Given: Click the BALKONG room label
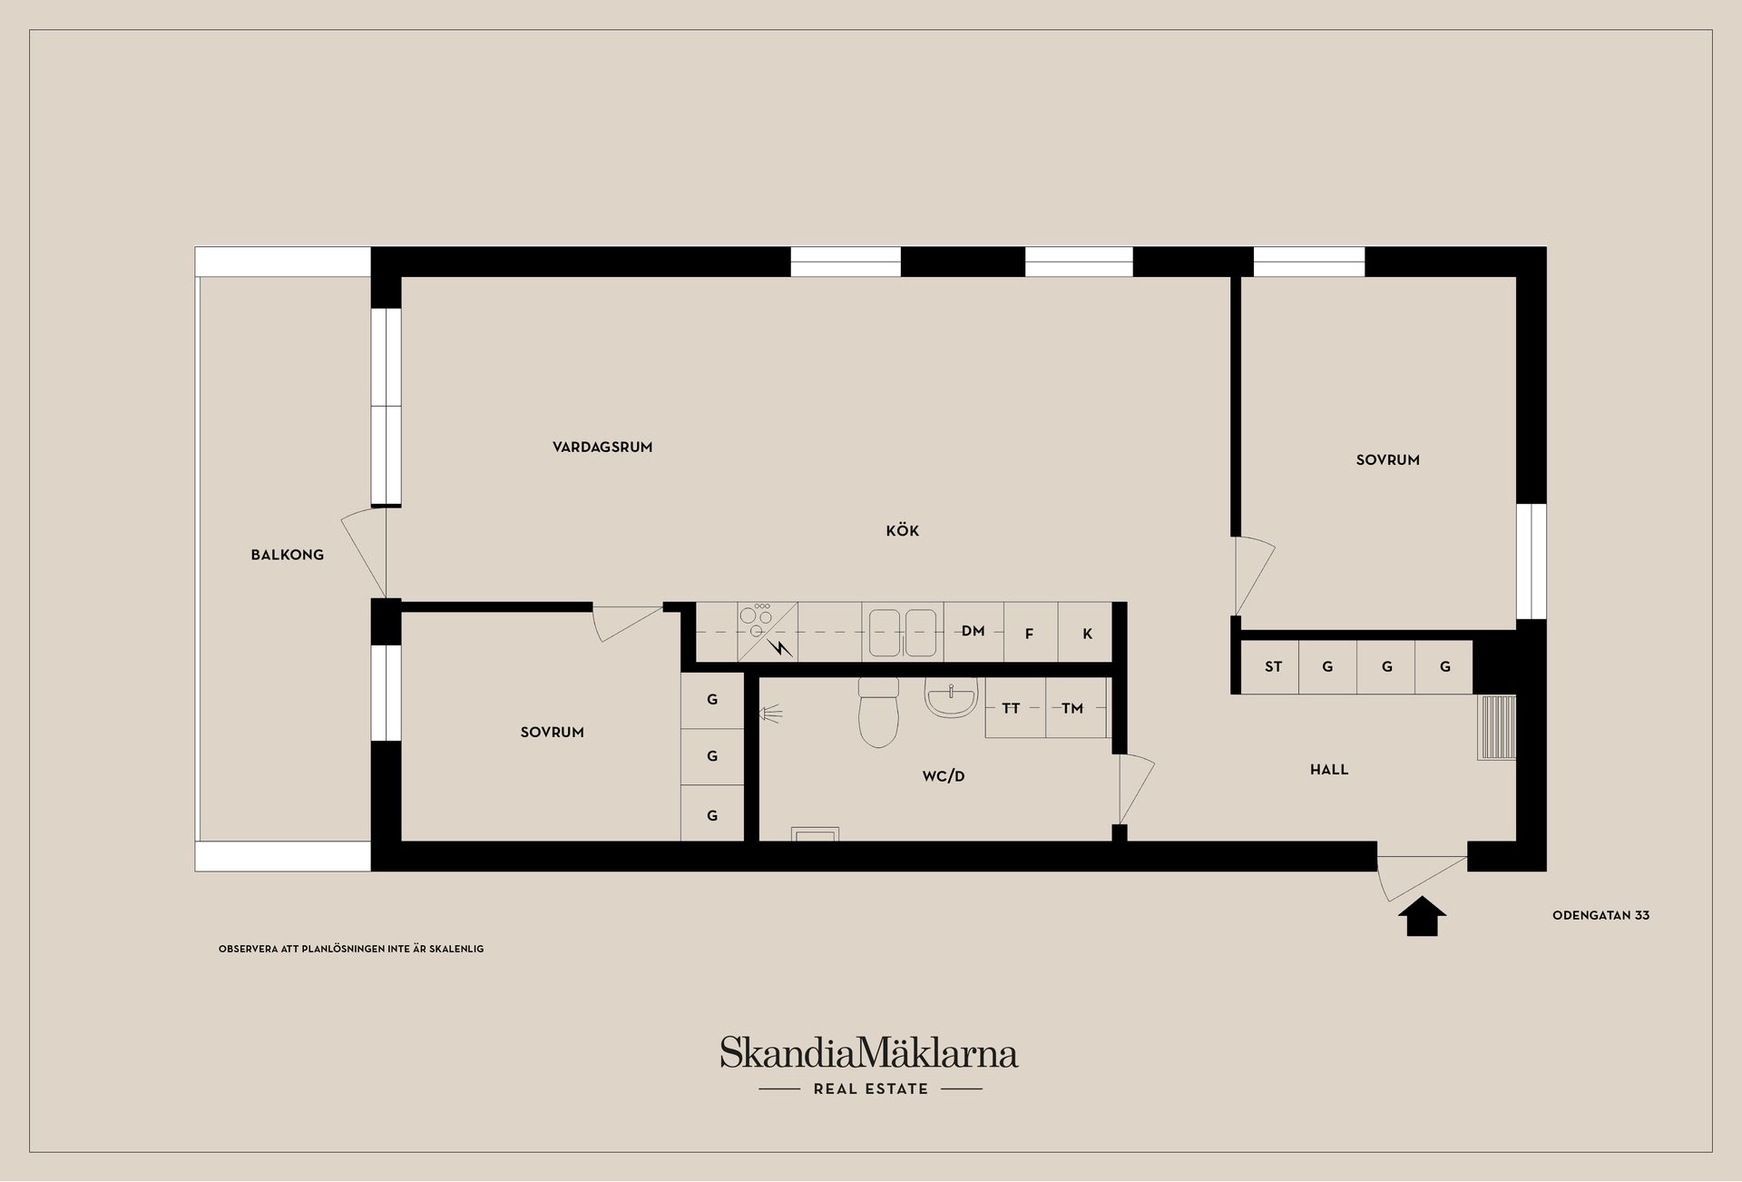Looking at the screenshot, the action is (x=287, y=555).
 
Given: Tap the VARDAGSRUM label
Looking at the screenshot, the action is (x=602, y=447).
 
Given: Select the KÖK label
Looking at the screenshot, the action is (x=903, y=530).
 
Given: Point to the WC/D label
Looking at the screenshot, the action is (x=944, y=776).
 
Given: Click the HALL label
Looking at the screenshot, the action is (x=1329, y=770).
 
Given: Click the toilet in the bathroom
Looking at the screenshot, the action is (x=877, y=712).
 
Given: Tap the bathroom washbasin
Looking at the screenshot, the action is (x=951, y=697).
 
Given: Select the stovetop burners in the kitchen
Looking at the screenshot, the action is (x=755, y=618).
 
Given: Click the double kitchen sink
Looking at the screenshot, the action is (x=903, y=632).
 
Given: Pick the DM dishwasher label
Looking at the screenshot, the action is (x=973, y=631).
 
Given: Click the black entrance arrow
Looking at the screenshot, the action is (x=1422, y=916).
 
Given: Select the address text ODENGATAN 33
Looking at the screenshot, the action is (x=1600, y=915).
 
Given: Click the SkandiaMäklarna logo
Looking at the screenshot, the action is (x=869, y=1052).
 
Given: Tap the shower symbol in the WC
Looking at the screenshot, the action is (x=770, y=714).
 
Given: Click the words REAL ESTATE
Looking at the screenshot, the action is (x=871, y=1088).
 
